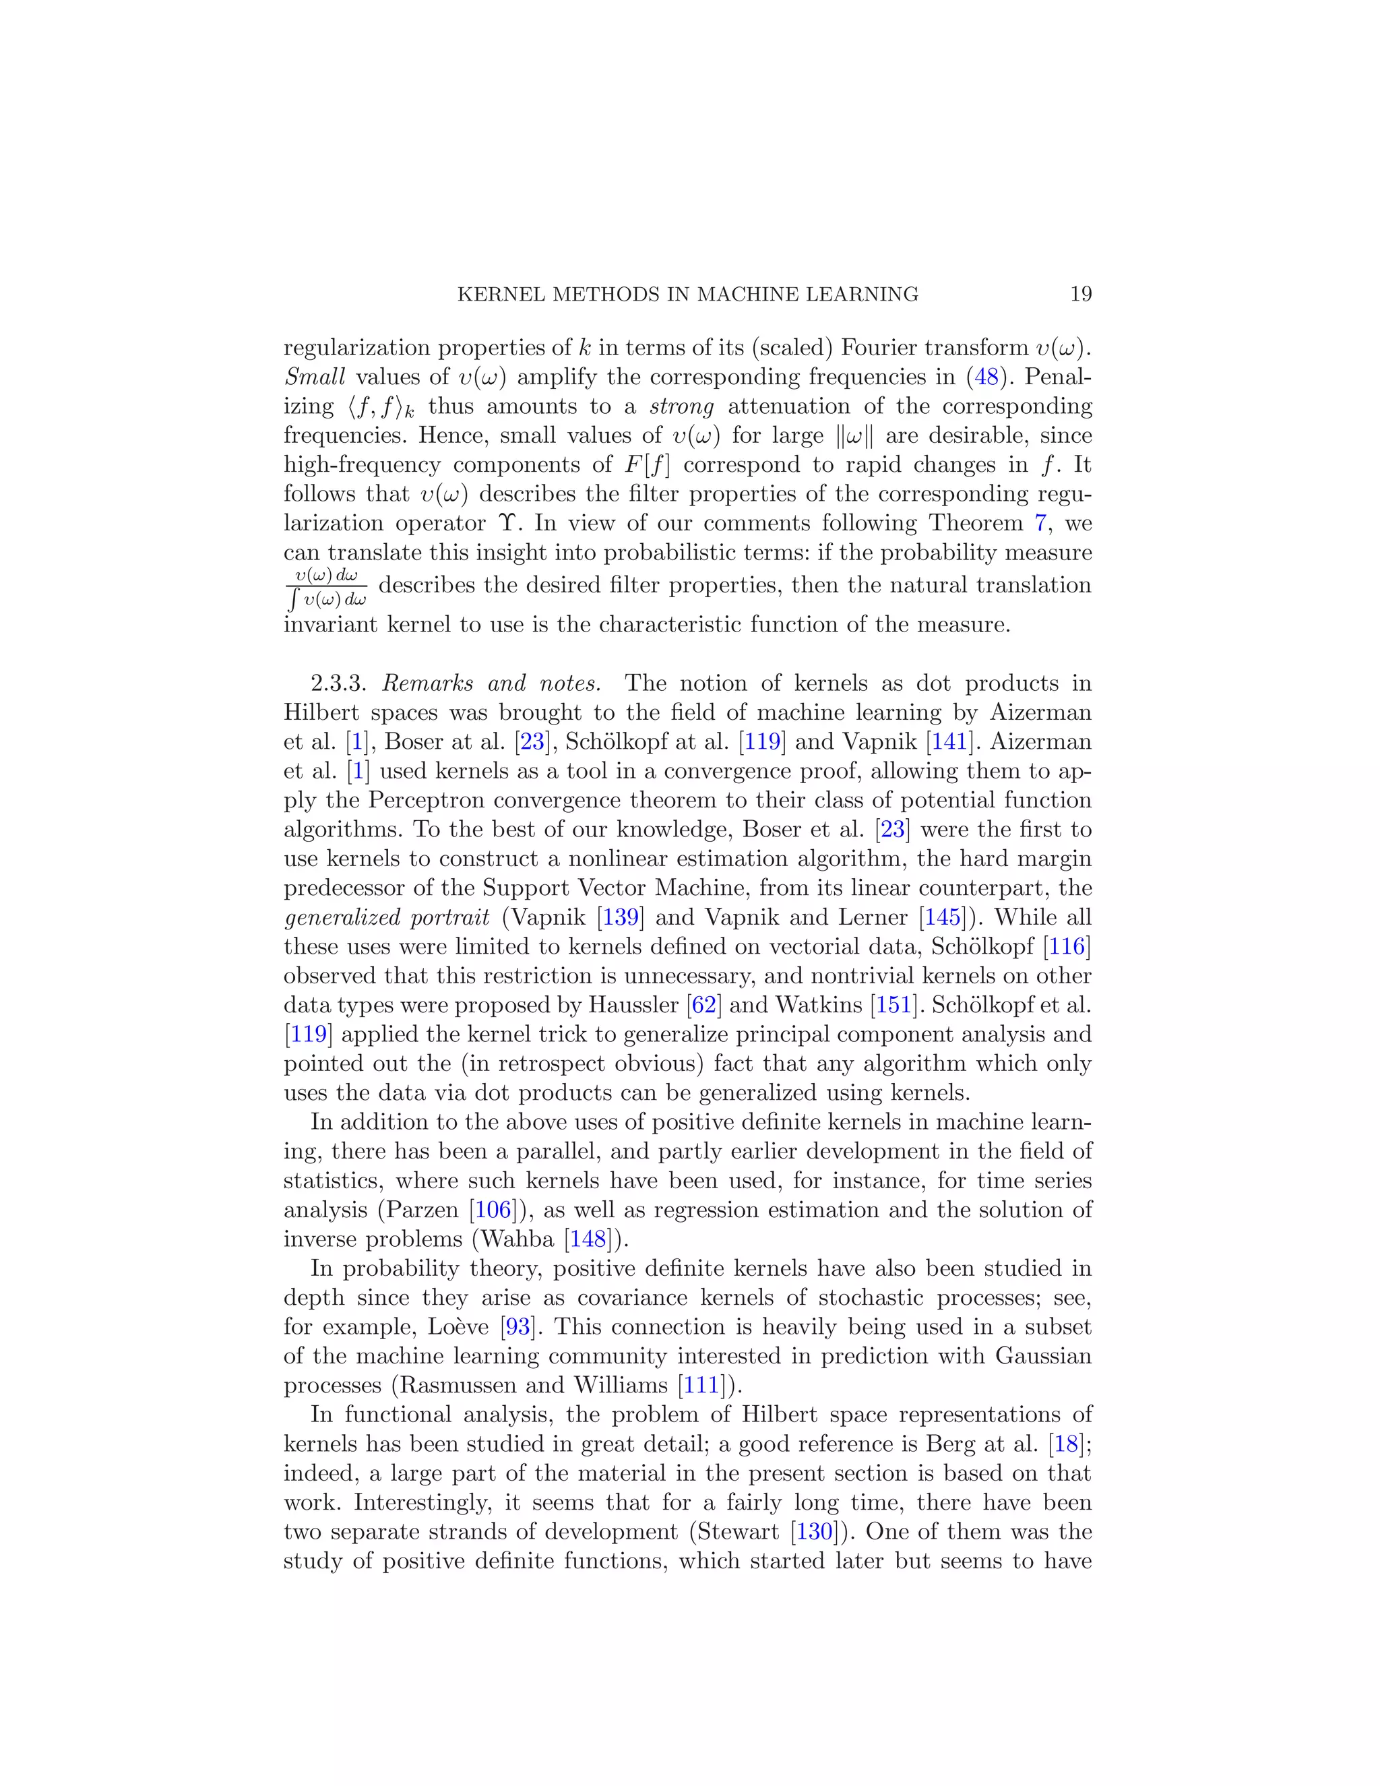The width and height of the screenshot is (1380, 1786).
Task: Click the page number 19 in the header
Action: coord(1080,295)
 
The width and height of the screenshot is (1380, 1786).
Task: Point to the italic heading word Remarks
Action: coord(428,683)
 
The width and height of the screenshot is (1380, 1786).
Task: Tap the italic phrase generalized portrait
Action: coord(387,917)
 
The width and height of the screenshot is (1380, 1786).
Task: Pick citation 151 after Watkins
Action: coord(893,1005)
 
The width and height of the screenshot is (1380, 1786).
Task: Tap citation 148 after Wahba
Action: coord(588,1239)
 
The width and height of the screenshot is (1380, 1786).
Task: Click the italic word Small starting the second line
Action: coord(314,377)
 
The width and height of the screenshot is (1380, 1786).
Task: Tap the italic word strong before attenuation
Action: coord(681,406)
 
